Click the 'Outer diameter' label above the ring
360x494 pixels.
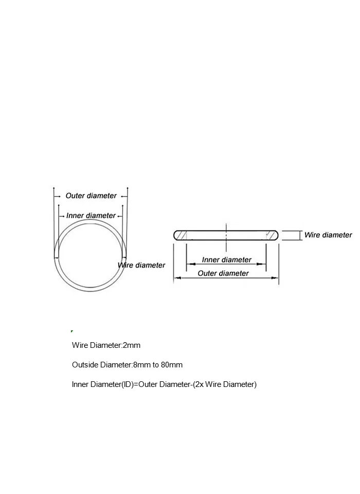click(91, 196)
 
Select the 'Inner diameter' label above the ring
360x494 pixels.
click(91, 216)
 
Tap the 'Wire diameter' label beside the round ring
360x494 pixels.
click(142, 265)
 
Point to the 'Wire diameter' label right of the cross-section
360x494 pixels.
click(328, 235)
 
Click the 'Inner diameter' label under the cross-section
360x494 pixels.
click(226, 260)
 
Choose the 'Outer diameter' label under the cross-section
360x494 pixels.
click(223, 273)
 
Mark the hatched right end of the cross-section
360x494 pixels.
click(271, 235)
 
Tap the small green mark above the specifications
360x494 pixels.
click(71, 331)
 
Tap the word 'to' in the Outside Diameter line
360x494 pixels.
click(155, 365)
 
